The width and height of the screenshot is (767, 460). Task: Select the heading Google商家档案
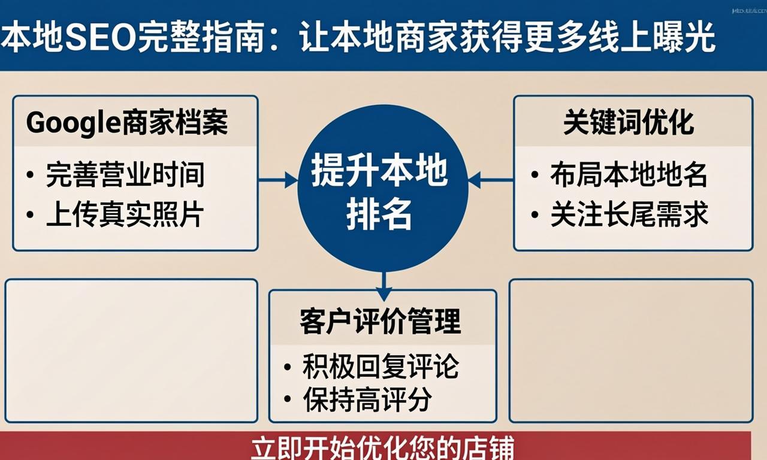pos(127,123)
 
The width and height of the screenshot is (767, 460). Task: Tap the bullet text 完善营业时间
pos(125,175)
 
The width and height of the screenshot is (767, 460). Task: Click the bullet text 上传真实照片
pos(125,215)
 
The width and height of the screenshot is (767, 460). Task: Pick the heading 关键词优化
pos(629,123)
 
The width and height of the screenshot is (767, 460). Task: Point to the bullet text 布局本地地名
pos(629,175)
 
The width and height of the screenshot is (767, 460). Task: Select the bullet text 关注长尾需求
pos(629,215)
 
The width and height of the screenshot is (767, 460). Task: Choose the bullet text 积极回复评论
pos(381,367)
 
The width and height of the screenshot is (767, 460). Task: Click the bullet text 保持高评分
pos(367,400)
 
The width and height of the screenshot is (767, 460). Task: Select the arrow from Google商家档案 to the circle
pos(278,179)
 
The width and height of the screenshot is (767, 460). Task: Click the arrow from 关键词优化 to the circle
pos(490,179)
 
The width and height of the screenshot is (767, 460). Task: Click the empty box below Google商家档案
pos(131,350)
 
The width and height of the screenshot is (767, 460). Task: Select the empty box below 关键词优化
pos(630,350)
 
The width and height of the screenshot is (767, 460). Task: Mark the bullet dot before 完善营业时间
pos(30,175)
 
